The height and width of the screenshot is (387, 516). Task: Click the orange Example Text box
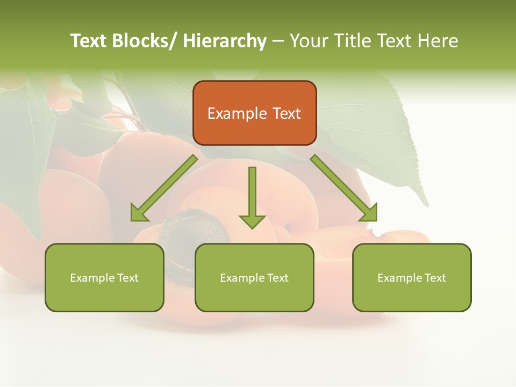point(254,113)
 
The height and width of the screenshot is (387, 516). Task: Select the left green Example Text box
point(104,277)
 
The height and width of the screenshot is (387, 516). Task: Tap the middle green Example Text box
point(254,277)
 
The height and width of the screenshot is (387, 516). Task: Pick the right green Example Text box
point(412,277)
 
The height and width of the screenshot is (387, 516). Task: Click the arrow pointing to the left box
point(164,188)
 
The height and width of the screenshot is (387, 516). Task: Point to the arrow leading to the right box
point(344,188)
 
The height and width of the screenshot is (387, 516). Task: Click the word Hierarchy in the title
point(225,41)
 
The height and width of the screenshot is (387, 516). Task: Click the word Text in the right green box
point(435,278)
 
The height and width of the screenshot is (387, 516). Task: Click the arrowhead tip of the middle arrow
point(252,228)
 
